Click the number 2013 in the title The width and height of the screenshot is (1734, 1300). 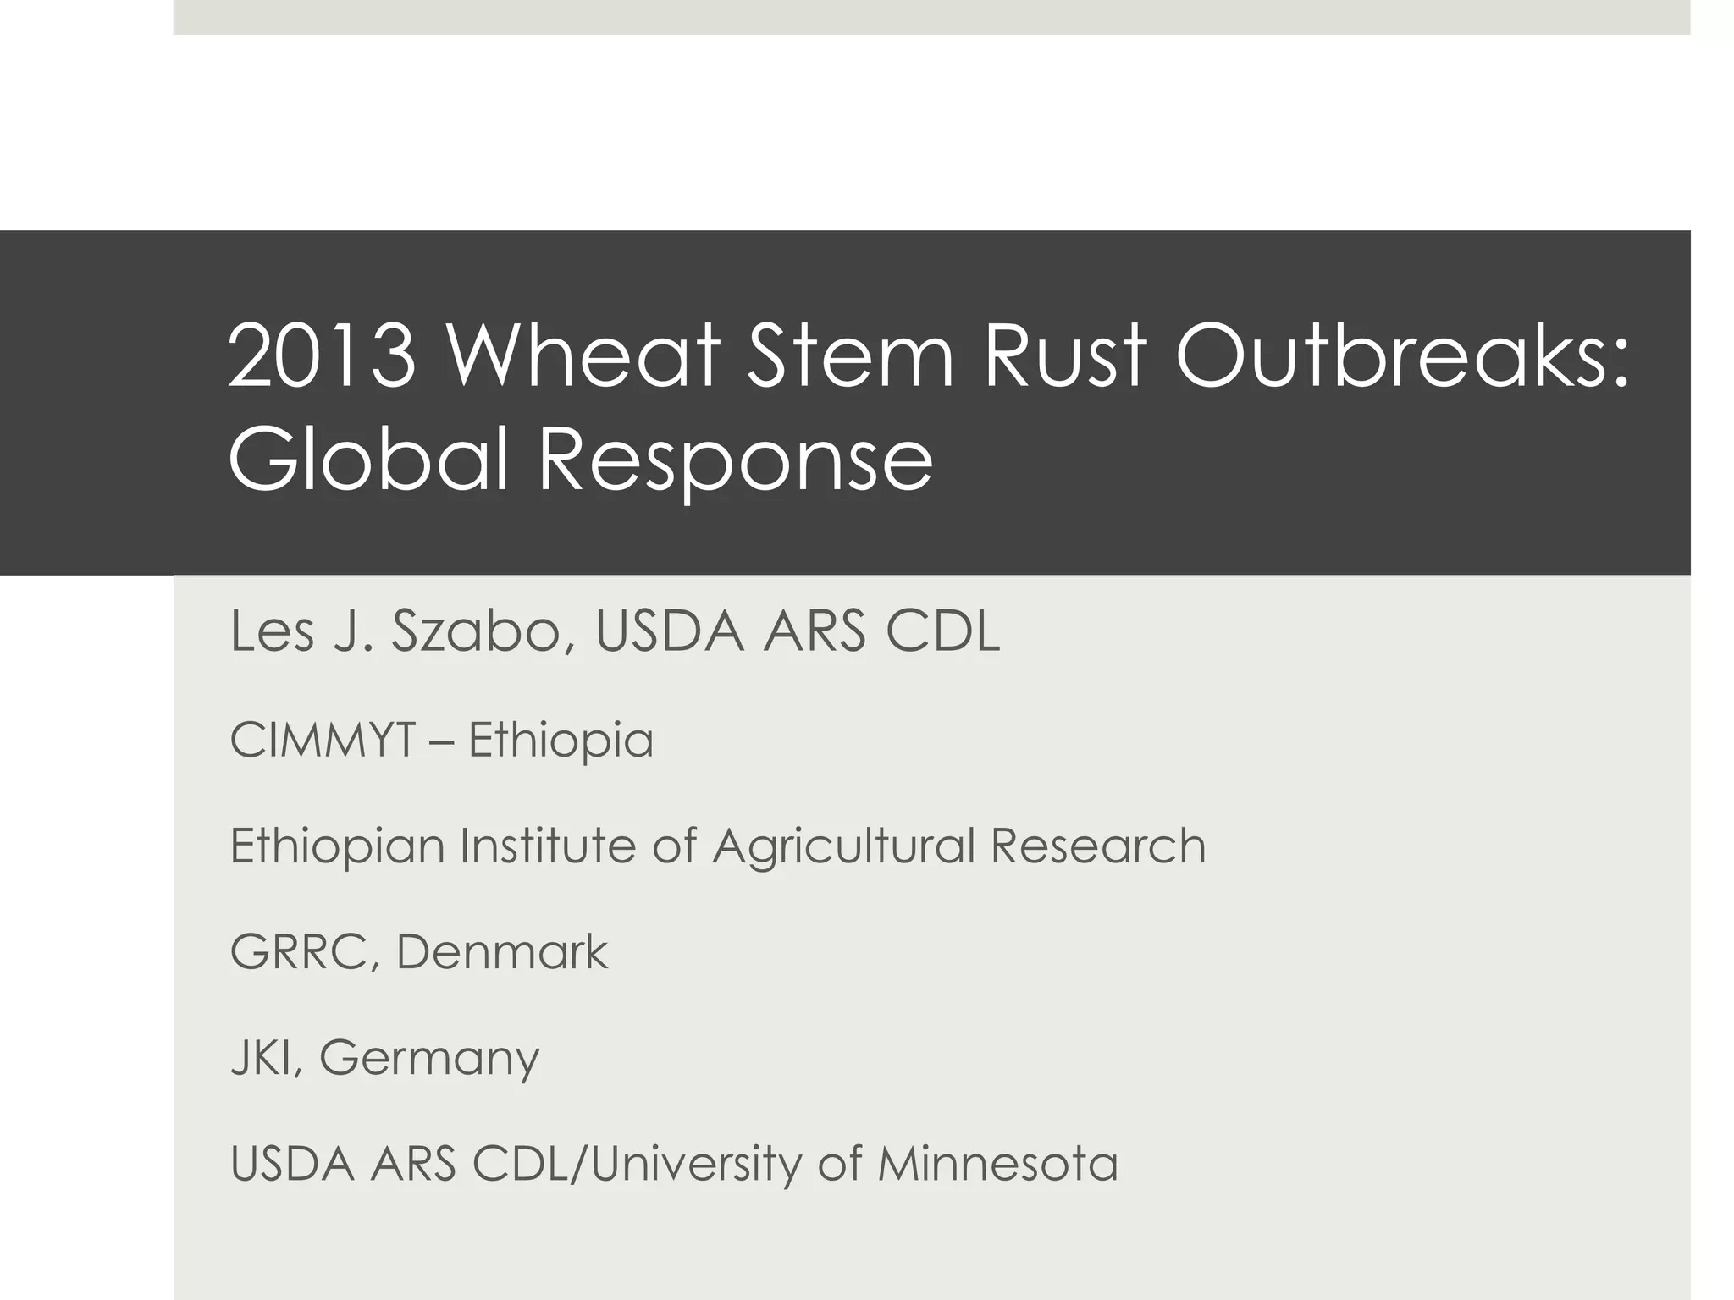pos(323,356)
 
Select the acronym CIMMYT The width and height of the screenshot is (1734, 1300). pos(323,740)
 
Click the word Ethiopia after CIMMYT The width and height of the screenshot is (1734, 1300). pos(561,741)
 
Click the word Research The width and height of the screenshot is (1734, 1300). pos(1098,846)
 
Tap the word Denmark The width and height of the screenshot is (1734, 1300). pos(502,951)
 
